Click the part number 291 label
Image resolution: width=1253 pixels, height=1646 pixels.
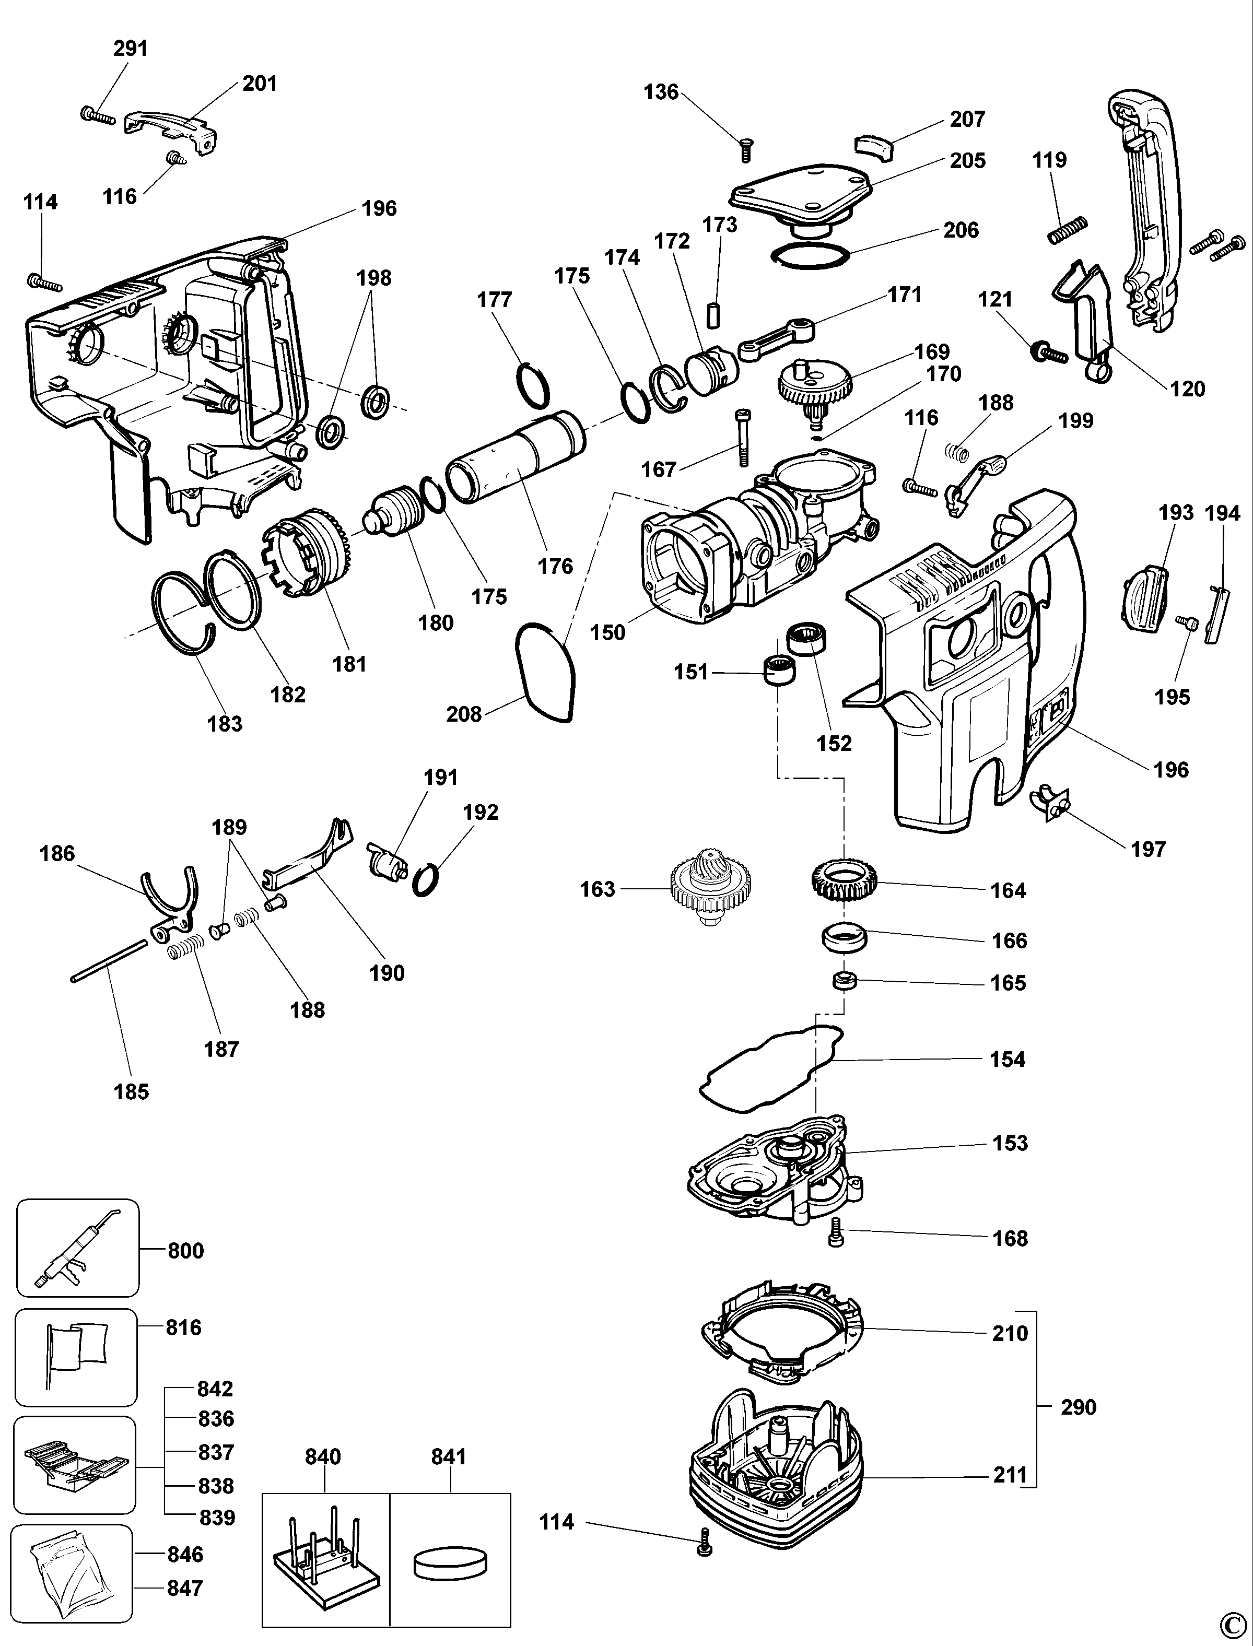pyautogui.click(x=131, y=49)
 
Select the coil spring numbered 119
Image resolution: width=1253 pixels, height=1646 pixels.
pyautogui.click(x=1067, y=229)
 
